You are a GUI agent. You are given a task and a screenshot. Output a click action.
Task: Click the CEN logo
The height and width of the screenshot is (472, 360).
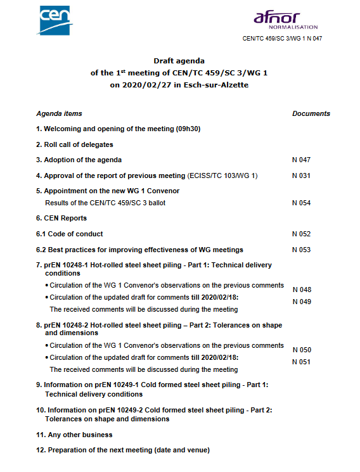click(x=56, y=20)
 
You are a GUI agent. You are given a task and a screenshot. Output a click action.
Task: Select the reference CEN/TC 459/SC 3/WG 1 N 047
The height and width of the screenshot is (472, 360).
click(x=283, y=39)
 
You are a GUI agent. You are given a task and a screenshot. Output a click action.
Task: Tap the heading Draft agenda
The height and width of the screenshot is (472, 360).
click(x=179, y=61)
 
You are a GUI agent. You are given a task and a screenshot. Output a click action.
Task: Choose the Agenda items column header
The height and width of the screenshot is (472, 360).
click(x=59, y=114)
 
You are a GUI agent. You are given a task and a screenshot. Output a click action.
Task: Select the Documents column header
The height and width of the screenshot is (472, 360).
click(x=311, y=114)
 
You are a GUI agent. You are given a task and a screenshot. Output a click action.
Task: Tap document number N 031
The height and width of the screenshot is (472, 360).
click(x=301, y=175)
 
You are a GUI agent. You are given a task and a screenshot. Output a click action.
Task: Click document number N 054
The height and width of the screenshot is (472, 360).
click(x=301, y=203)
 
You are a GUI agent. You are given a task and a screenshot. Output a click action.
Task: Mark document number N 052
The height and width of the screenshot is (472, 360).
click(x=301, y=234)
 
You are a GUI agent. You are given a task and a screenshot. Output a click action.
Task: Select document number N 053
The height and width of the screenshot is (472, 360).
click(x=301, y=250)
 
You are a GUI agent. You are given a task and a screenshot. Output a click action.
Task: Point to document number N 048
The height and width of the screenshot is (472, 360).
click(x=302, y=290)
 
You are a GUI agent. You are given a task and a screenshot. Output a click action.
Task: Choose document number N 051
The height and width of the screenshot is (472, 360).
click(x=302, y=362)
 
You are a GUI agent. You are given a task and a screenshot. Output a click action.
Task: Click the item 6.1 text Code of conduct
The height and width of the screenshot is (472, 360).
click(x=75, y=234)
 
